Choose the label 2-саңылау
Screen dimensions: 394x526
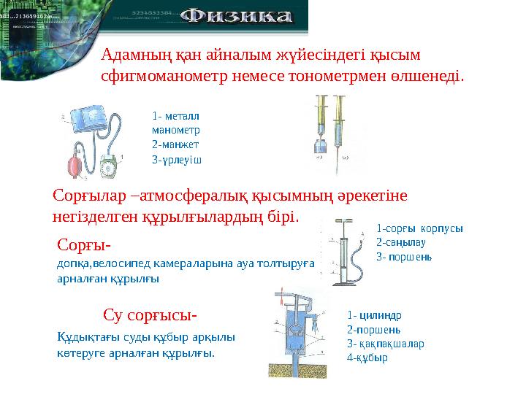click(400, 242)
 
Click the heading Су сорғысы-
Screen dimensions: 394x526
click(150, 315)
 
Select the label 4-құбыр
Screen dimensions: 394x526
click(368, 358)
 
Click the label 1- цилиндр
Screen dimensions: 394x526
click(375, 315)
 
